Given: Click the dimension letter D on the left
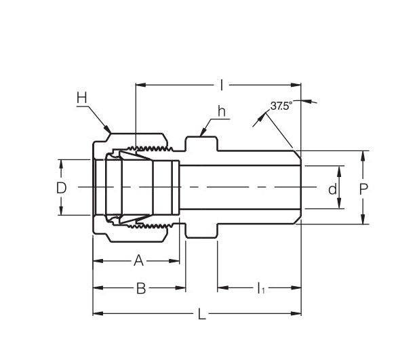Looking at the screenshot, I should point(61,188).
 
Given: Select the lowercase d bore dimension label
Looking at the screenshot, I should point(332,188).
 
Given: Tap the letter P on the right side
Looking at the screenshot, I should point(363,188).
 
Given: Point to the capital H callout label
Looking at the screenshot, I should point(82,98).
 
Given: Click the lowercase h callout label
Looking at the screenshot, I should point(221,111).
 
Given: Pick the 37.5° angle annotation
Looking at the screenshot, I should point(280,106).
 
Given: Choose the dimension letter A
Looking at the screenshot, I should point(138,260).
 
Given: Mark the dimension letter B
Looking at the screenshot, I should point(141,288).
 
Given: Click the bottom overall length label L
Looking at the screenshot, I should point(201,313).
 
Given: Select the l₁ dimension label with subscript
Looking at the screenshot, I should point(260,289).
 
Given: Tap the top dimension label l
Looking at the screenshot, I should point(222,85).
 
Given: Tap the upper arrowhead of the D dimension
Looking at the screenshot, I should point(61,163).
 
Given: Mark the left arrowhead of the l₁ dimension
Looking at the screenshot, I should point(220,288).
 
